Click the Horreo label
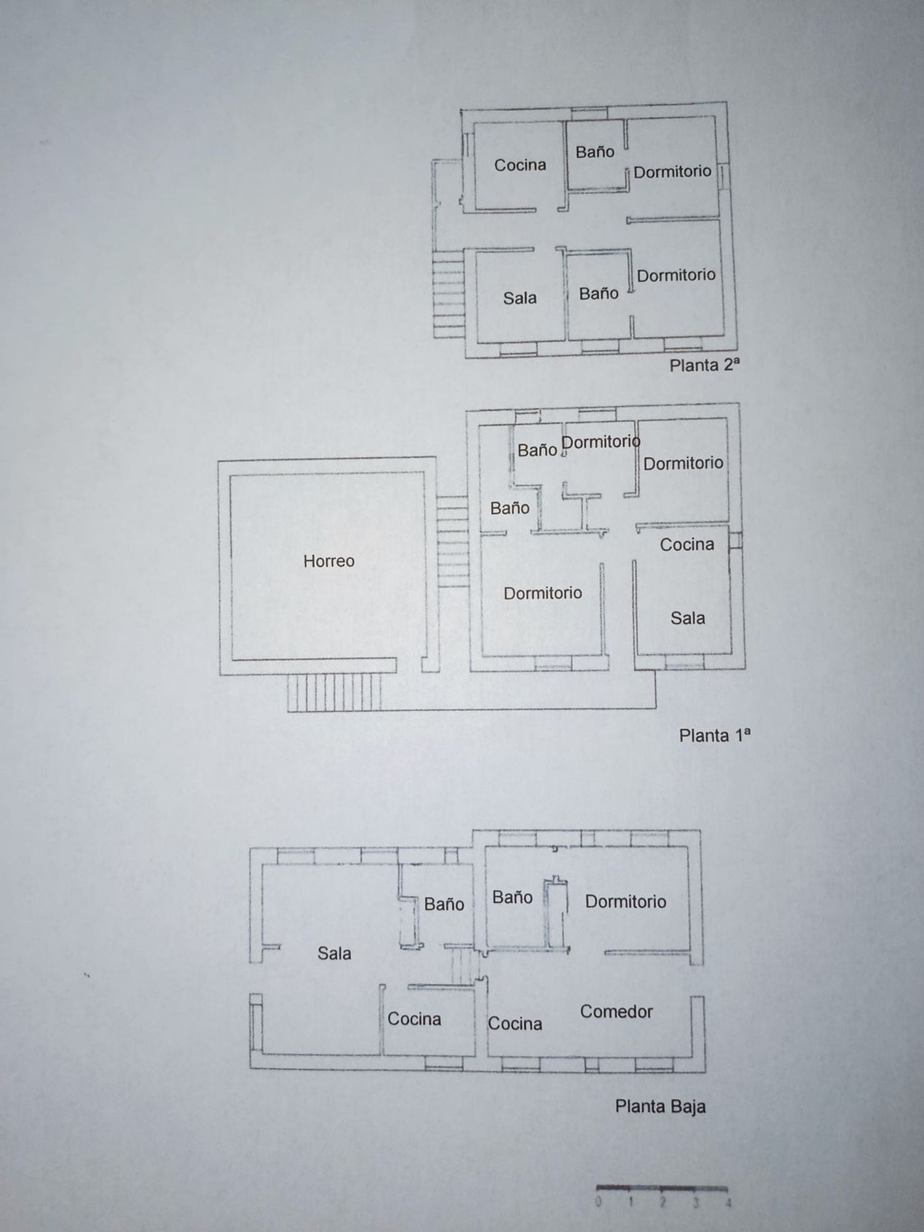pos(329,561)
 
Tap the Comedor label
pos(616,1011)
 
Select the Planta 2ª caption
pos(704,365)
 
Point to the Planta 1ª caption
pos(715,736)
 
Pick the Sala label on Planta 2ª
pos(519,298)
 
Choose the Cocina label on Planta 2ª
pos(520,165)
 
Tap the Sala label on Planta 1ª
pos(687,618)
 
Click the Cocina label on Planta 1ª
pos(687,545)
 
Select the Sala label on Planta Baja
pos(334,954)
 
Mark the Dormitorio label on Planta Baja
pos(625,902)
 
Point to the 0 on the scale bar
pos(598,1201)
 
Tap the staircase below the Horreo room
pos(334,692)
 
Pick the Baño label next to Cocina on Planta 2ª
pos(594,152)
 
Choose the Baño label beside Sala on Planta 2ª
pos(598,293)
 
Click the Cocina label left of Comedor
pos(515,1024)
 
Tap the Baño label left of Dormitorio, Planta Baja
pos(512,898)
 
